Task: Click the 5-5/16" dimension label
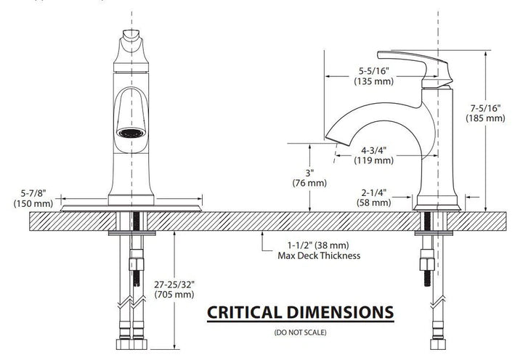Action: coord(374,71)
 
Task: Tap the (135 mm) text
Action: coord(374,81)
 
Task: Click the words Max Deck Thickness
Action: coord(319,255)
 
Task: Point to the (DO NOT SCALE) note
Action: coord(300,332)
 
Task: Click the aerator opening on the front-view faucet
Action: coord(131,134)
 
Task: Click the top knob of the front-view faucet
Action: coord(131,39)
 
